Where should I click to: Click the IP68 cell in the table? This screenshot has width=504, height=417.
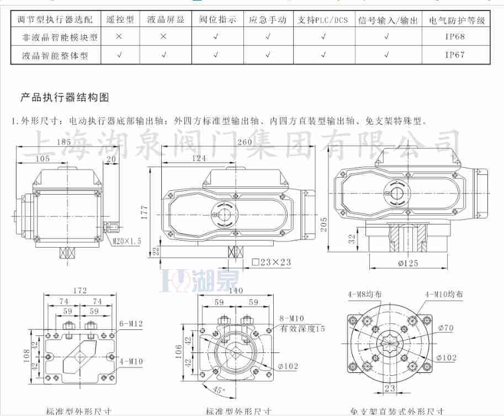point(455,37)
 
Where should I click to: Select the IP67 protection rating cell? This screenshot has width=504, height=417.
point(455,55)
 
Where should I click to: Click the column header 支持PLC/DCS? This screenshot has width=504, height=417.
point(323,20)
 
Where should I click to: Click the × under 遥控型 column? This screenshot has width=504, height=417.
point(119,37)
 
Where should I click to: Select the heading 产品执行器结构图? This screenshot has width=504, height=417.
point(65,98)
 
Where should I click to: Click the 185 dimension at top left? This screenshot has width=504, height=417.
point(64,142)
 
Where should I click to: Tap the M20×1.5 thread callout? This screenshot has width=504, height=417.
point(128,241)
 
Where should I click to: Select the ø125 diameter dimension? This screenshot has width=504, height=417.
point(407,264)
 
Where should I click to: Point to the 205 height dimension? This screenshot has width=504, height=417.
point(325,222)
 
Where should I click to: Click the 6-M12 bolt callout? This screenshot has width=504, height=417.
point(131,323)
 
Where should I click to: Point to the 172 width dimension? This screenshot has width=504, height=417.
point(81,290)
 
